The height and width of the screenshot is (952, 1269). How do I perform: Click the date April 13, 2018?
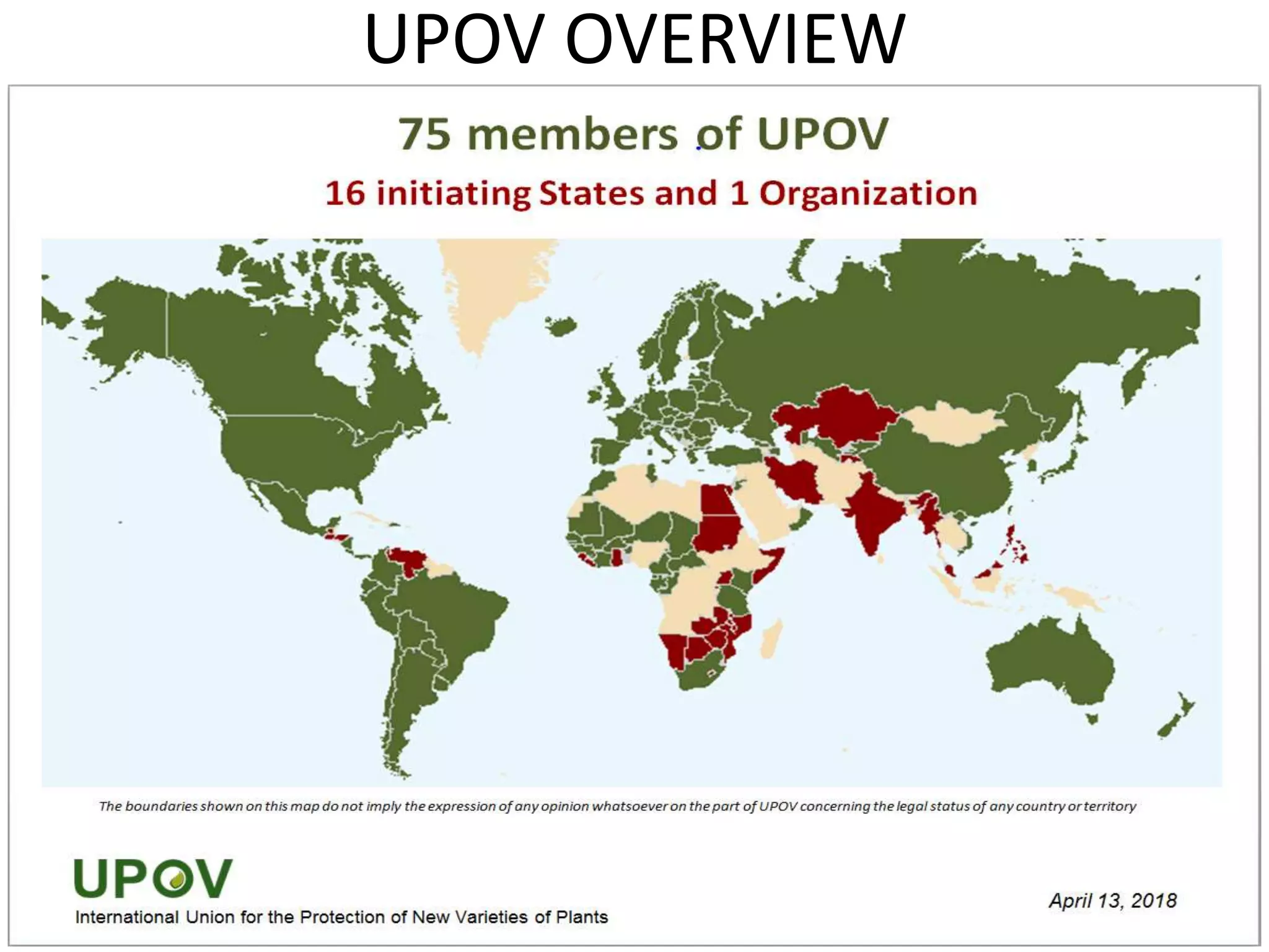click(x=1112, y=901)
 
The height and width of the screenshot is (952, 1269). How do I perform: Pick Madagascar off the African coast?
click(x=771, y=639)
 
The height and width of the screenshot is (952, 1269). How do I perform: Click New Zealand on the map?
click(x=1174, y=719)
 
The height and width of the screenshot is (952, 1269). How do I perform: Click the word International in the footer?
click(x=127, y=917)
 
